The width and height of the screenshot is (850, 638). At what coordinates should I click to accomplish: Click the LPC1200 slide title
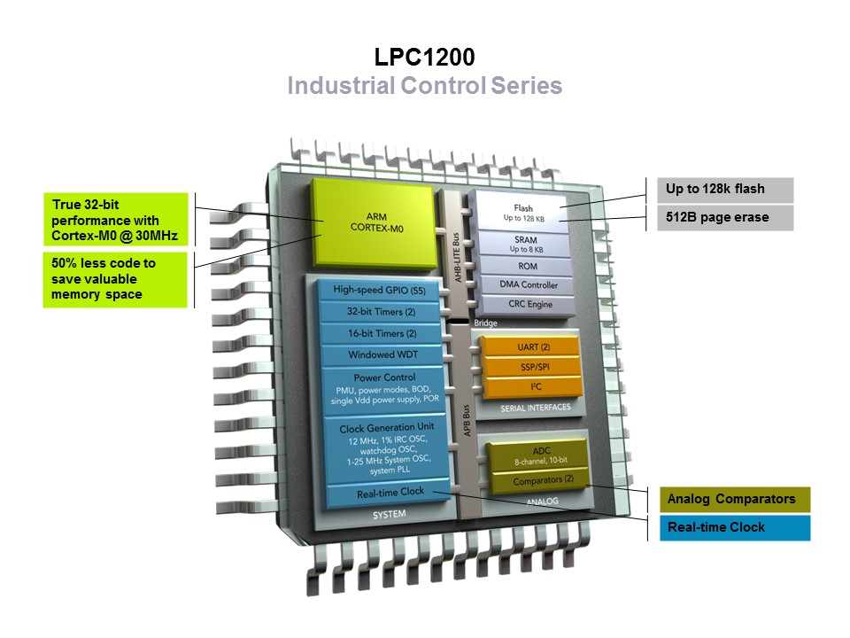[x=424, y=58]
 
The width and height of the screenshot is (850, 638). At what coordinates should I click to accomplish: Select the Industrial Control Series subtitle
[x=424, y=86]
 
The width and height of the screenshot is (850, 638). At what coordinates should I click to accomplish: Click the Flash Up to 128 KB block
[x=522, y=213]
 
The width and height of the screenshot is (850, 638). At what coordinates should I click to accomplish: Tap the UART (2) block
[x=532, y=347]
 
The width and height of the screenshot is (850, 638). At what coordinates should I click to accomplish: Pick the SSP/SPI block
[x=532, y=366]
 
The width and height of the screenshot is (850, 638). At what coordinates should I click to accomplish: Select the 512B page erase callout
[x=724, y=217]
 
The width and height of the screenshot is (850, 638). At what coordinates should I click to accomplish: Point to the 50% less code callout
[x=114, y=278]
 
